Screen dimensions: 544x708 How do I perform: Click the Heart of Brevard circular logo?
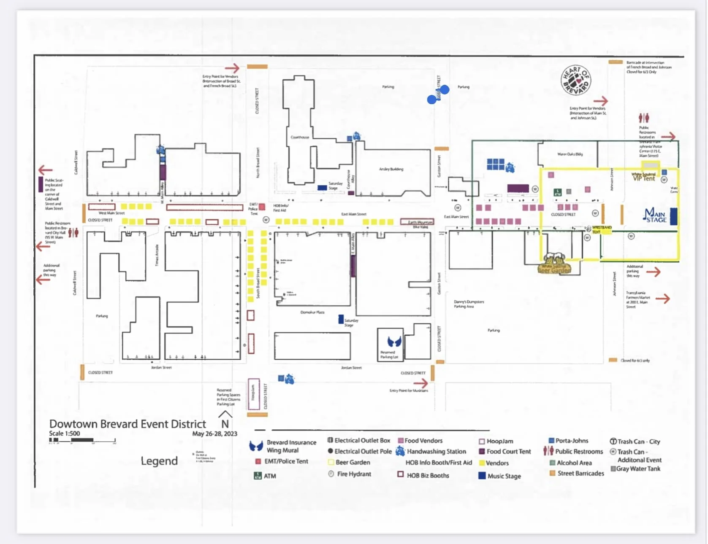575,80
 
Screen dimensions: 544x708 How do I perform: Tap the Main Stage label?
655,215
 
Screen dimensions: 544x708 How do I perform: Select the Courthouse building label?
300,137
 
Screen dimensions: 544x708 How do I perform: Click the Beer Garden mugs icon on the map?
554,263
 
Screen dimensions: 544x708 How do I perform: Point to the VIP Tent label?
644,178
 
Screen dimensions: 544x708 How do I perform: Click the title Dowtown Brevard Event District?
127,424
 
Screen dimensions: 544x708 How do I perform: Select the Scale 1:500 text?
64,434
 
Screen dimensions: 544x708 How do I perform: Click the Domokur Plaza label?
312,312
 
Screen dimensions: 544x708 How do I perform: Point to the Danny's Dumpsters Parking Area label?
469,304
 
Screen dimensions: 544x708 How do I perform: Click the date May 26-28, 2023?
214,434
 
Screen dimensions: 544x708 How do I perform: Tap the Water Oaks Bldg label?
570,154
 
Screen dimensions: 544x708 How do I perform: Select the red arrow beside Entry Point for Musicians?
420,383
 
